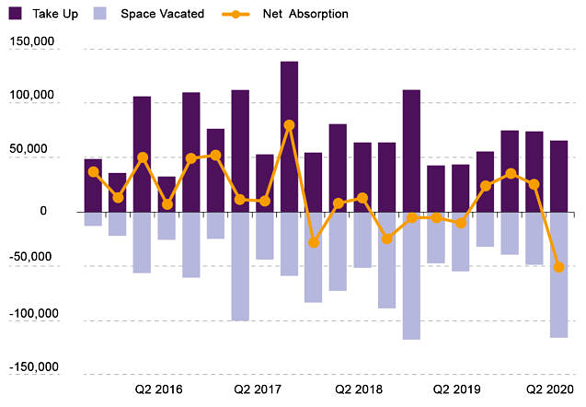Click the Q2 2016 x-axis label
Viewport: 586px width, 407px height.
coord(158,390)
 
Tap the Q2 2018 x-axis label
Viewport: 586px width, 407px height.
coord(358,390)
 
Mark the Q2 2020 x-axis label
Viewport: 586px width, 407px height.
coord(550,390)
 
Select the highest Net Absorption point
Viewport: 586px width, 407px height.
coord(289,124)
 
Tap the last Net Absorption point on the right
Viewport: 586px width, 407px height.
coord(558,267)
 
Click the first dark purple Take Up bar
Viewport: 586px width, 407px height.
coord(93,185)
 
